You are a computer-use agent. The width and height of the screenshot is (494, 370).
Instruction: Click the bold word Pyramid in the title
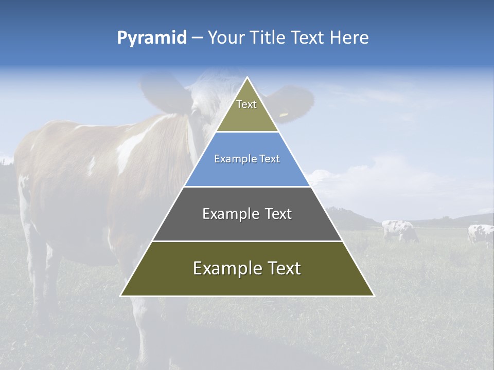151,38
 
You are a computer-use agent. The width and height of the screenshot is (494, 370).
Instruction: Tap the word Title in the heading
268,38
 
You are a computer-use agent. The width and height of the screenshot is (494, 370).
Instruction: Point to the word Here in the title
349,38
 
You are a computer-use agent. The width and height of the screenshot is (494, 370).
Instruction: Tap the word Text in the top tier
246,104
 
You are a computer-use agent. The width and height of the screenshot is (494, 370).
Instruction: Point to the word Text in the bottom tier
283,268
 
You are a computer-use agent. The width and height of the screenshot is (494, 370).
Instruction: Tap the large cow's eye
196,112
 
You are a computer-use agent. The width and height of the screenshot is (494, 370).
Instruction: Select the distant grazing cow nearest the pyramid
399,230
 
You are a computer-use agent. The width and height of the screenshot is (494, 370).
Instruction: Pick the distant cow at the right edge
481,234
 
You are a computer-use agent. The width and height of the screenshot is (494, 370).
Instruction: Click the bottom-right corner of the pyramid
374,296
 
